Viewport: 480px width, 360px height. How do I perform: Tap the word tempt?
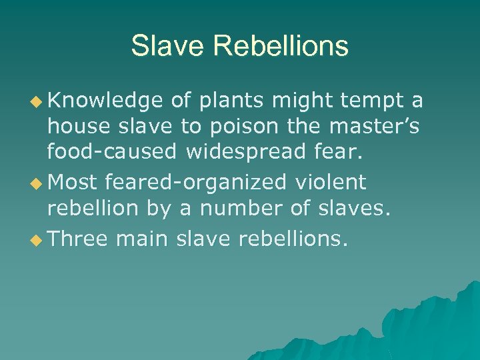[x=371, y=101]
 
